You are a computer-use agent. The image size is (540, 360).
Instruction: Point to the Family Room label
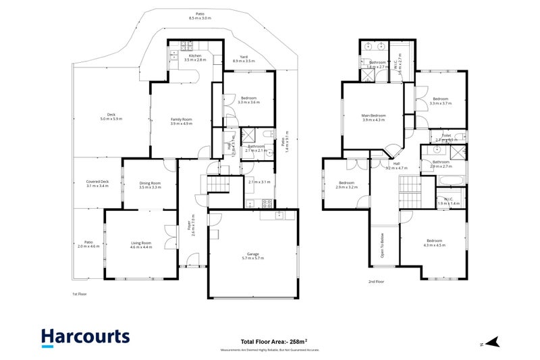[x=181, y=122]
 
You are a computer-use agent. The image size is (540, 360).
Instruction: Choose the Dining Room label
[x=149, y=184]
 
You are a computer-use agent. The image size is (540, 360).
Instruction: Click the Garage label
[x=252, y=256]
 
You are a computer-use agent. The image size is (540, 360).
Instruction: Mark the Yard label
[x=244, y=59]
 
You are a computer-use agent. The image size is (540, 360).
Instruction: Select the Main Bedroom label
[x=373, y=118]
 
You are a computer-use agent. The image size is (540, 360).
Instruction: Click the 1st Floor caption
[x=80, y=294]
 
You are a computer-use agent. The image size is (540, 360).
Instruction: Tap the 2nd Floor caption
[x=376, y=281]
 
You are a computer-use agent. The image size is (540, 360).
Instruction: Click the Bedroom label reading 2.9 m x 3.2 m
[x=347, y=184]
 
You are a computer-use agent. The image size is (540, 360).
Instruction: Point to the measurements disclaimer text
[x=269, y=351]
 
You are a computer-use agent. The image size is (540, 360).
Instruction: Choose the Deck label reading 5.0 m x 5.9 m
[x=111, y=116]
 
